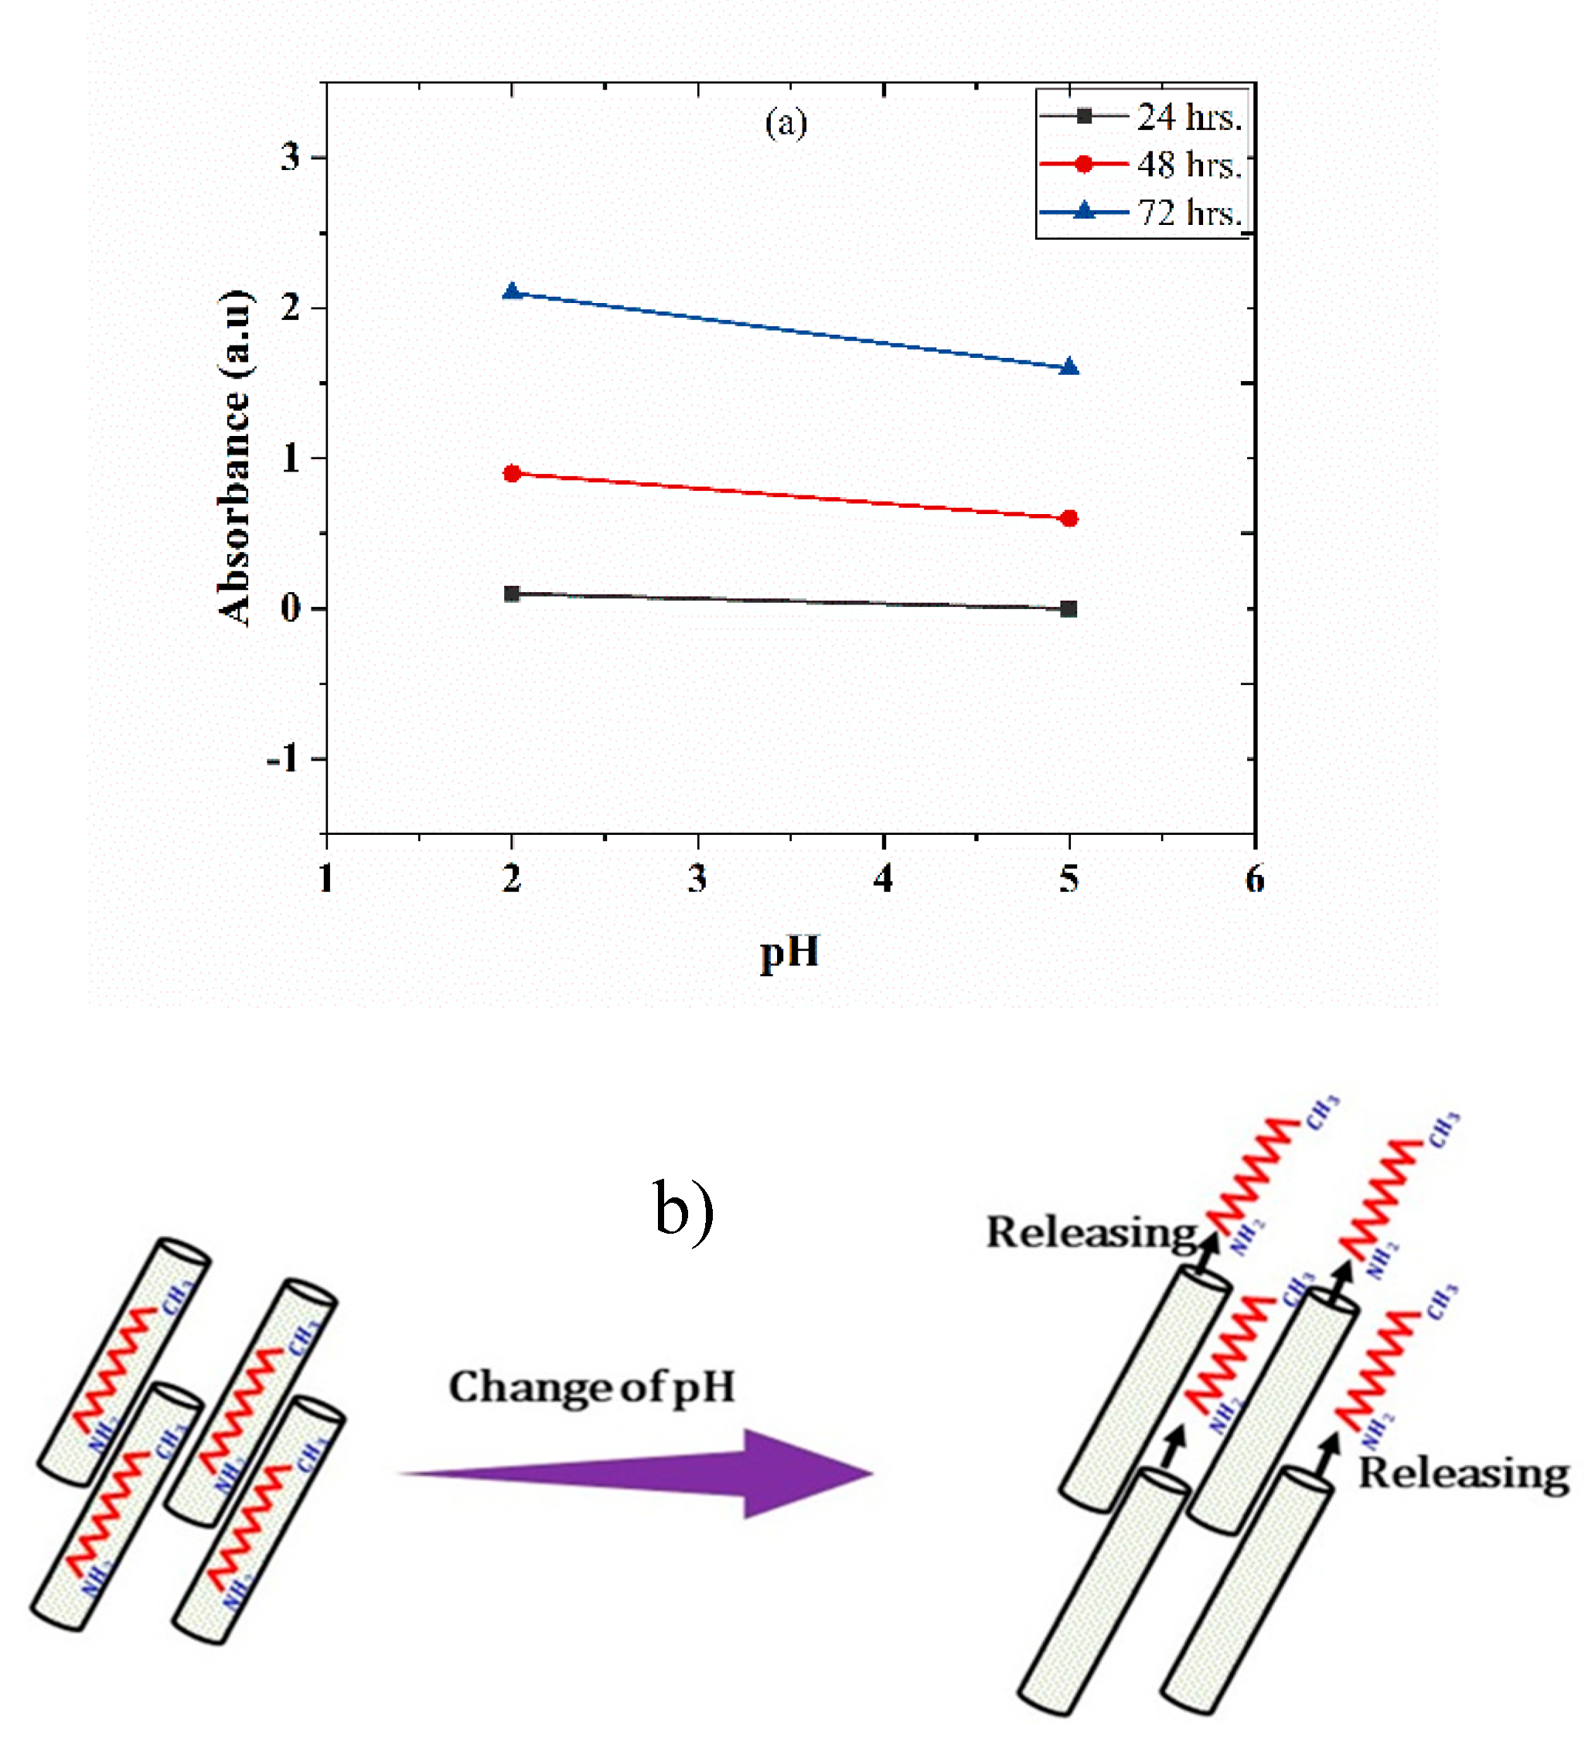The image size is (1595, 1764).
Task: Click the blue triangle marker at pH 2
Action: pos(512,292)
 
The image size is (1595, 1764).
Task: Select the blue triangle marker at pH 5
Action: pos(1068,367)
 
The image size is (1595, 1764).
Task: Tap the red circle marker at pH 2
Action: pos(512,473)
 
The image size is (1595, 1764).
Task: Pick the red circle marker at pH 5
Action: pos(1068,519)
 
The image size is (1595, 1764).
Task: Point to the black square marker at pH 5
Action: pos(1068,609)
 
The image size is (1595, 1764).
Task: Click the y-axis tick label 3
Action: pos(291,158)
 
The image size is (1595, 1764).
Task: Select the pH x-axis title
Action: pos(789,953)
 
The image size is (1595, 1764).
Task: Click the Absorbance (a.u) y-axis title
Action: pos(234,457)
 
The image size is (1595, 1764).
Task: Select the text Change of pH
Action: pos(591,1387)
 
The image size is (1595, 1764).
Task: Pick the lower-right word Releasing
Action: pos(1463,1473)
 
